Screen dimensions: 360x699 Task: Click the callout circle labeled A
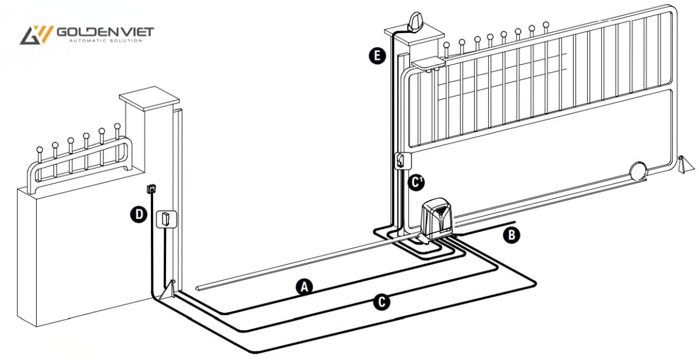[303, 286]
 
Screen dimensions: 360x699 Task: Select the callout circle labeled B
[511, 235]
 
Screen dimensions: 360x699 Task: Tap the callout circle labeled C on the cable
[380, 302]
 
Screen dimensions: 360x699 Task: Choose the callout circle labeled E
[377, 56]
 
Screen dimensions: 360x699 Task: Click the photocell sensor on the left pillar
[165, 219]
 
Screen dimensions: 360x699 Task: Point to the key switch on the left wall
[150, 188]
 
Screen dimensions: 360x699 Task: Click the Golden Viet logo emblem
[36, 35]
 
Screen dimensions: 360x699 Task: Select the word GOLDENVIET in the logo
[105, 31]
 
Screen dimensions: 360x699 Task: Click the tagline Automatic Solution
[105, 41]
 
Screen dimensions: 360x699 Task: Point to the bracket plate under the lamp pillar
[428, 61]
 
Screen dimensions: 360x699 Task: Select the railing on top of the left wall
[79, 157]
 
